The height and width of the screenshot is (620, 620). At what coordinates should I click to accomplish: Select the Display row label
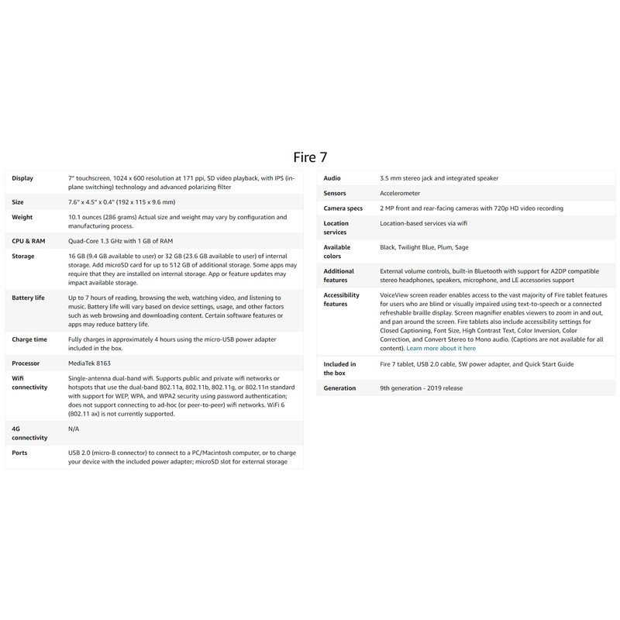[x=22, y=178]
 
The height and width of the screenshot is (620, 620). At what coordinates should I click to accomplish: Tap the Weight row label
[x=22, y=218]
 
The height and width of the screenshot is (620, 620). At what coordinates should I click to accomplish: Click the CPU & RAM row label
[x=29, y=241]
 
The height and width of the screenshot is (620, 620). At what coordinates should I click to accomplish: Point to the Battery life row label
[x=29, y=298]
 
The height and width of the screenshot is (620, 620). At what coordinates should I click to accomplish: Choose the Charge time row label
[x=29, y=339]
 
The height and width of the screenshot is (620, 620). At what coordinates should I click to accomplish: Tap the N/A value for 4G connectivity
[x=74, y=428]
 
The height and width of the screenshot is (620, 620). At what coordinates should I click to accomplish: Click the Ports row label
[x=20, y=453]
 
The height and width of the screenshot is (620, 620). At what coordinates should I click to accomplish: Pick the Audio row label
[x=332, y=178]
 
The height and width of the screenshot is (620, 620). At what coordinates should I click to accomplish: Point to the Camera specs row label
[x=343, y=208]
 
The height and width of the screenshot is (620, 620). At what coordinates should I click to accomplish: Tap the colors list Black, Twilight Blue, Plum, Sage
[x=424, y=247]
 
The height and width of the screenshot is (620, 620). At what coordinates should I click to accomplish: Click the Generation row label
[x=340, y=387]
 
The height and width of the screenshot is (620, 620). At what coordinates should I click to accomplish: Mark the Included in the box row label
[x=339, y=368]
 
